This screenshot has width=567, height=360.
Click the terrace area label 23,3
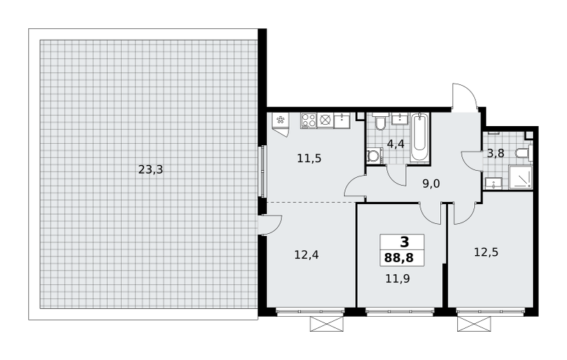tap(151, 169)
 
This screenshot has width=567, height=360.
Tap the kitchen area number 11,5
tap(309, 158)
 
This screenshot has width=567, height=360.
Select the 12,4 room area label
tap(306, 255)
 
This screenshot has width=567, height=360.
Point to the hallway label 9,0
tap(431, 184)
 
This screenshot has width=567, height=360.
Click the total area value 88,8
tap(399, 258)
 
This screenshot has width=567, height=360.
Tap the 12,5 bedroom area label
tap(486, 252)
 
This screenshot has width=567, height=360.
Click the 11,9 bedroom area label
tap(398, 279)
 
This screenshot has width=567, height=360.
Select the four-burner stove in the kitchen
tap(308, 120)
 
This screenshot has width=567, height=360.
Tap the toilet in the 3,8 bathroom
tap(524, 153)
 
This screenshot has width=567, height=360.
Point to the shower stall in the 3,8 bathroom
tap(521, 177)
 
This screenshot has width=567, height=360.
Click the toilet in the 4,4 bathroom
tap(380, 122)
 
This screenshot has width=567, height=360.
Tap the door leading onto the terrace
tap(270, 225)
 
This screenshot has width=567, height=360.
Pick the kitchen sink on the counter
tap(342, 120)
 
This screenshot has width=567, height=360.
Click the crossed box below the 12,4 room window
tap(327, 324)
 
